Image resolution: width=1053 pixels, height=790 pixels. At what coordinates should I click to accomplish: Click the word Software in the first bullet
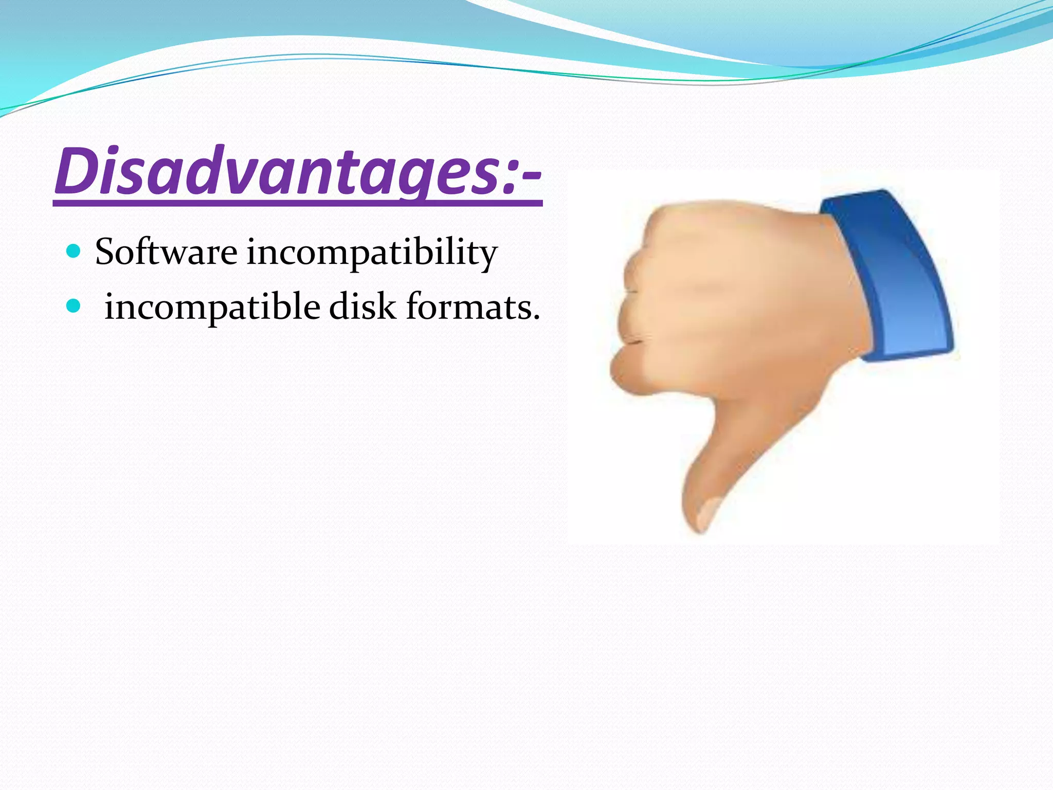(166, 252)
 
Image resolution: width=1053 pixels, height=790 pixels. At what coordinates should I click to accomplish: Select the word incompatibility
(371, 253)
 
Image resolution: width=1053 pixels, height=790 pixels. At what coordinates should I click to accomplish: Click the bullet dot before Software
(74, 251)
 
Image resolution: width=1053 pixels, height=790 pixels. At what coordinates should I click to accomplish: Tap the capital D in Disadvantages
(77, 171)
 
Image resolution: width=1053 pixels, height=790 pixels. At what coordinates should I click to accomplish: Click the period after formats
(536, 317)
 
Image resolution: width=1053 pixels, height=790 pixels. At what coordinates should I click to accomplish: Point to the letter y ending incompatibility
(487, 257)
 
